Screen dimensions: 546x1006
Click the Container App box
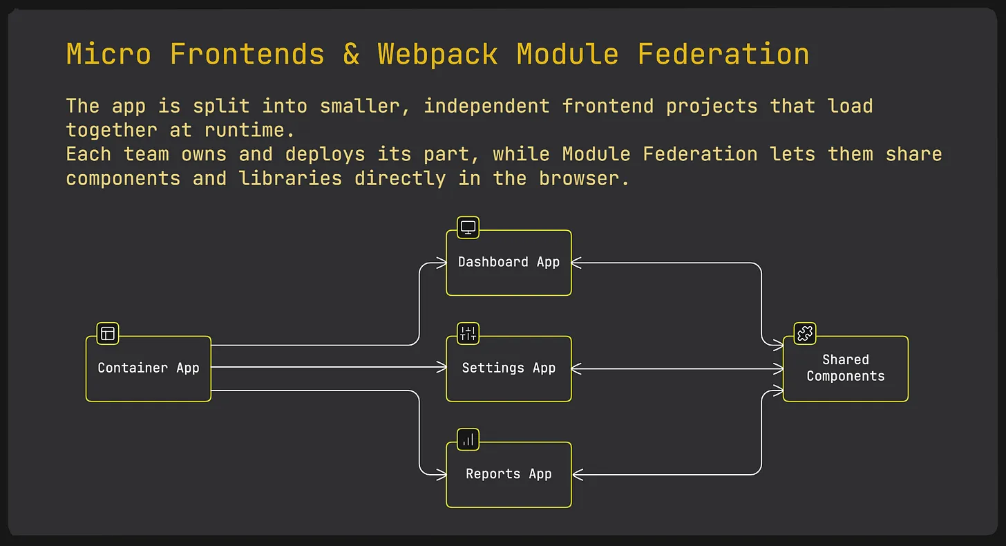point(149,368)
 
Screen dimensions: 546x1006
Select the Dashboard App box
point(509,263)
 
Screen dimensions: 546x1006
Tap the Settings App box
point(509,368)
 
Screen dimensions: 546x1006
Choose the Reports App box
point(509,475)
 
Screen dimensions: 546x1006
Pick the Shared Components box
point(845,368)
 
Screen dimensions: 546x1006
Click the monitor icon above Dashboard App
point(468,227)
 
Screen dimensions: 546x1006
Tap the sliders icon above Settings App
point(468,333)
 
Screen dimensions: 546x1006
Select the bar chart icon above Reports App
point(468,439)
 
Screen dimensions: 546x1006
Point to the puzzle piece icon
point(804,333)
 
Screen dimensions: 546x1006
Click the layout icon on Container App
point(108,333)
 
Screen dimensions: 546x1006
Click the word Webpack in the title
point(437,55)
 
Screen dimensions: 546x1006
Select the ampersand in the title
point(351,55)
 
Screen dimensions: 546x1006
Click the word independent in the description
point(486,106)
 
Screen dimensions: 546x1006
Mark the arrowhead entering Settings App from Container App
point(442,368)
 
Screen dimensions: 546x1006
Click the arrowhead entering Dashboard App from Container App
point(442,263)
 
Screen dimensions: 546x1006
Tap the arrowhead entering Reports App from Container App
point(442,475)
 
